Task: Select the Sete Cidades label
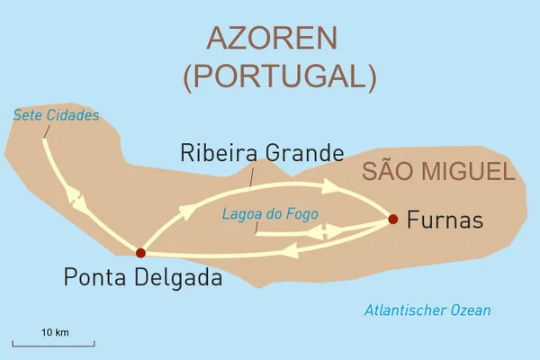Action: click(56, 115)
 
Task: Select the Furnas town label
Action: click(445, 219)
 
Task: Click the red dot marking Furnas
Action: click(392, 218)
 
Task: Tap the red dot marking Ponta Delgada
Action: click(139, 253)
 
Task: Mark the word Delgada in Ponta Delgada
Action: click(178, 279)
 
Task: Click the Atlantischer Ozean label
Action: click(427, 310)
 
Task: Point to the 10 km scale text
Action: click(55, 332)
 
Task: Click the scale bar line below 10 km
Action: click(54, 344)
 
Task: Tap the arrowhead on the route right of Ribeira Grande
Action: click(330, 186)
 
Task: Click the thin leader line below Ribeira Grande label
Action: click(250, 175)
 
